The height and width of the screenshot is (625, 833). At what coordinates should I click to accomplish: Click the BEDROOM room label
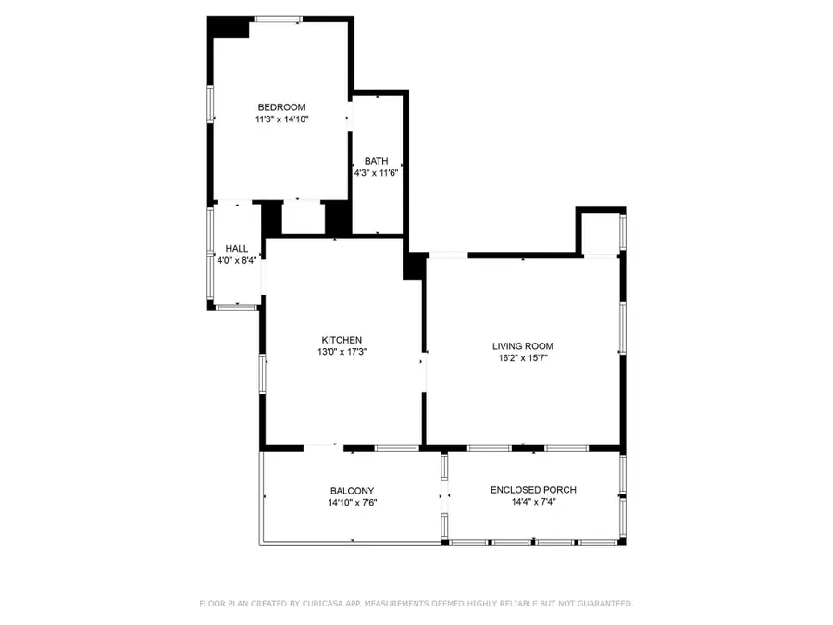point(280,107)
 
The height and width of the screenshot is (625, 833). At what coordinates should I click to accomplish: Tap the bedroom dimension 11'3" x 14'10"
point(280,119)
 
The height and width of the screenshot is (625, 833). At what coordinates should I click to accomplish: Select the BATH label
point(376,161)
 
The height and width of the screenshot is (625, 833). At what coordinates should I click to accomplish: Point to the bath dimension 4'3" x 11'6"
point(376,173)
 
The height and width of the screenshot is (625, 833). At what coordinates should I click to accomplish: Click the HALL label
point(237,248)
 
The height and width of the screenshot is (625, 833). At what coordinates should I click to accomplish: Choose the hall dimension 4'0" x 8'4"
point(237,260)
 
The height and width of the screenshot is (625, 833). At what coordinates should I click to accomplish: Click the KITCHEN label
point(342,340)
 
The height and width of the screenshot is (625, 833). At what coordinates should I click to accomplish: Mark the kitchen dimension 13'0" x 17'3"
point(342,352)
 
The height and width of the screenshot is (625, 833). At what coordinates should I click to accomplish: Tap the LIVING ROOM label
point(522,346)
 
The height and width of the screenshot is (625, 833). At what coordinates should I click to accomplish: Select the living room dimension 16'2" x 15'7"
point(522,358)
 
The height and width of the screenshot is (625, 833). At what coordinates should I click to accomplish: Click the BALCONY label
point(352,491)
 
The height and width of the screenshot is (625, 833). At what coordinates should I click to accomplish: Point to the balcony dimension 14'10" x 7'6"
point(352,503)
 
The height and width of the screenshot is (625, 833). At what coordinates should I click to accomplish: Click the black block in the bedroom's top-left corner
point(229,28)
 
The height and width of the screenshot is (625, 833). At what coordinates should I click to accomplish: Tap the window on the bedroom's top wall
point(279,19)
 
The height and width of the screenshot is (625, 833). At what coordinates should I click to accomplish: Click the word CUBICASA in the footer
point(330,604)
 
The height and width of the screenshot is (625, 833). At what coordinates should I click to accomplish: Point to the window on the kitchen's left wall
point(264,372)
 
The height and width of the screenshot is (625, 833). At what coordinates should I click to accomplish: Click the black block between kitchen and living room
point(414,265)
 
